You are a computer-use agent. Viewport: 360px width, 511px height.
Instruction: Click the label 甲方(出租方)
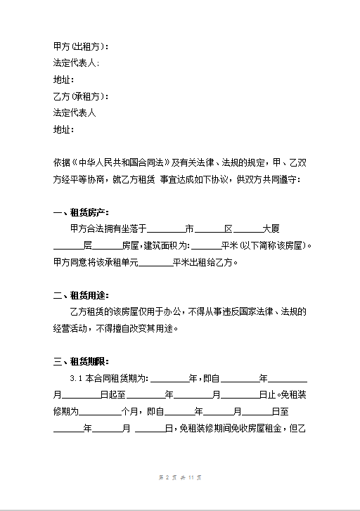tap(81, 46)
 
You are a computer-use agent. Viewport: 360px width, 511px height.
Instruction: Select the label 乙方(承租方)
tap(81, 96)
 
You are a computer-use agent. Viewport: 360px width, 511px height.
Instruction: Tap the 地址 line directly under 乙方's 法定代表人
tap(63, 129)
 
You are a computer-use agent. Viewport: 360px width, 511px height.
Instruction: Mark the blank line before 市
tap(167, 230)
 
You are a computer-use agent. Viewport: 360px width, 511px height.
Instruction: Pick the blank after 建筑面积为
tap(205, 247)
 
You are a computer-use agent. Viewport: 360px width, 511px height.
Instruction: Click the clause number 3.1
tap(76, 379)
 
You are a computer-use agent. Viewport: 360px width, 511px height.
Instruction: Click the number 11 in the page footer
tap(190, 478)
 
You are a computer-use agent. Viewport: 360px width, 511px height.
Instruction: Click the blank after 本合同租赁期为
tap(169, 379)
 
